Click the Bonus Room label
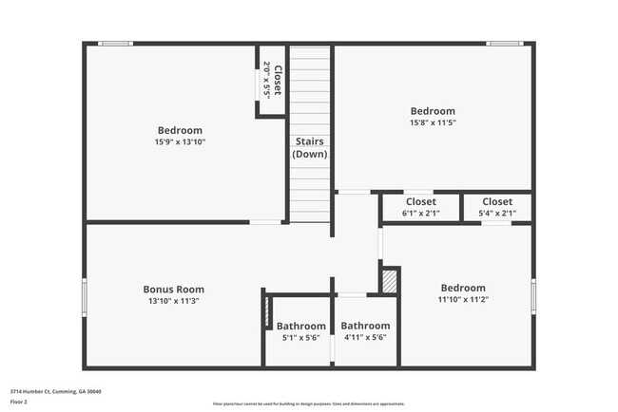click(x=173, y=290)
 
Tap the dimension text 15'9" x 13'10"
click(x=180, y=141)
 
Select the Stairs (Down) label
click(x=311, y=147)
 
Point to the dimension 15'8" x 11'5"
click(x=433, y=122)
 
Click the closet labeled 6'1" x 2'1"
click(x=421, y=208)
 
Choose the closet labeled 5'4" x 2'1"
click(x=496, y=208)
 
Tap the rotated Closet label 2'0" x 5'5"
click(x=271, y=81)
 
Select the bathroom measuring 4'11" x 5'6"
click(x=365, y=331)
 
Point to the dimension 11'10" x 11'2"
click(x=463, y=300)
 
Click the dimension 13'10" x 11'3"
click(x=173, y=301)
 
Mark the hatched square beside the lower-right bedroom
click(x=390, y=282)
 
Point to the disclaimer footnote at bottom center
click(x=308, y=403)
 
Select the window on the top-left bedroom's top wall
click(x=116, y=43)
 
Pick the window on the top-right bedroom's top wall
click(x=504, y=43)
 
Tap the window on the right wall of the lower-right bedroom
click(x=533, y=296)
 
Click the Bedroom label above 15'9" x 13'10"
click(x=180, y=130)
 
